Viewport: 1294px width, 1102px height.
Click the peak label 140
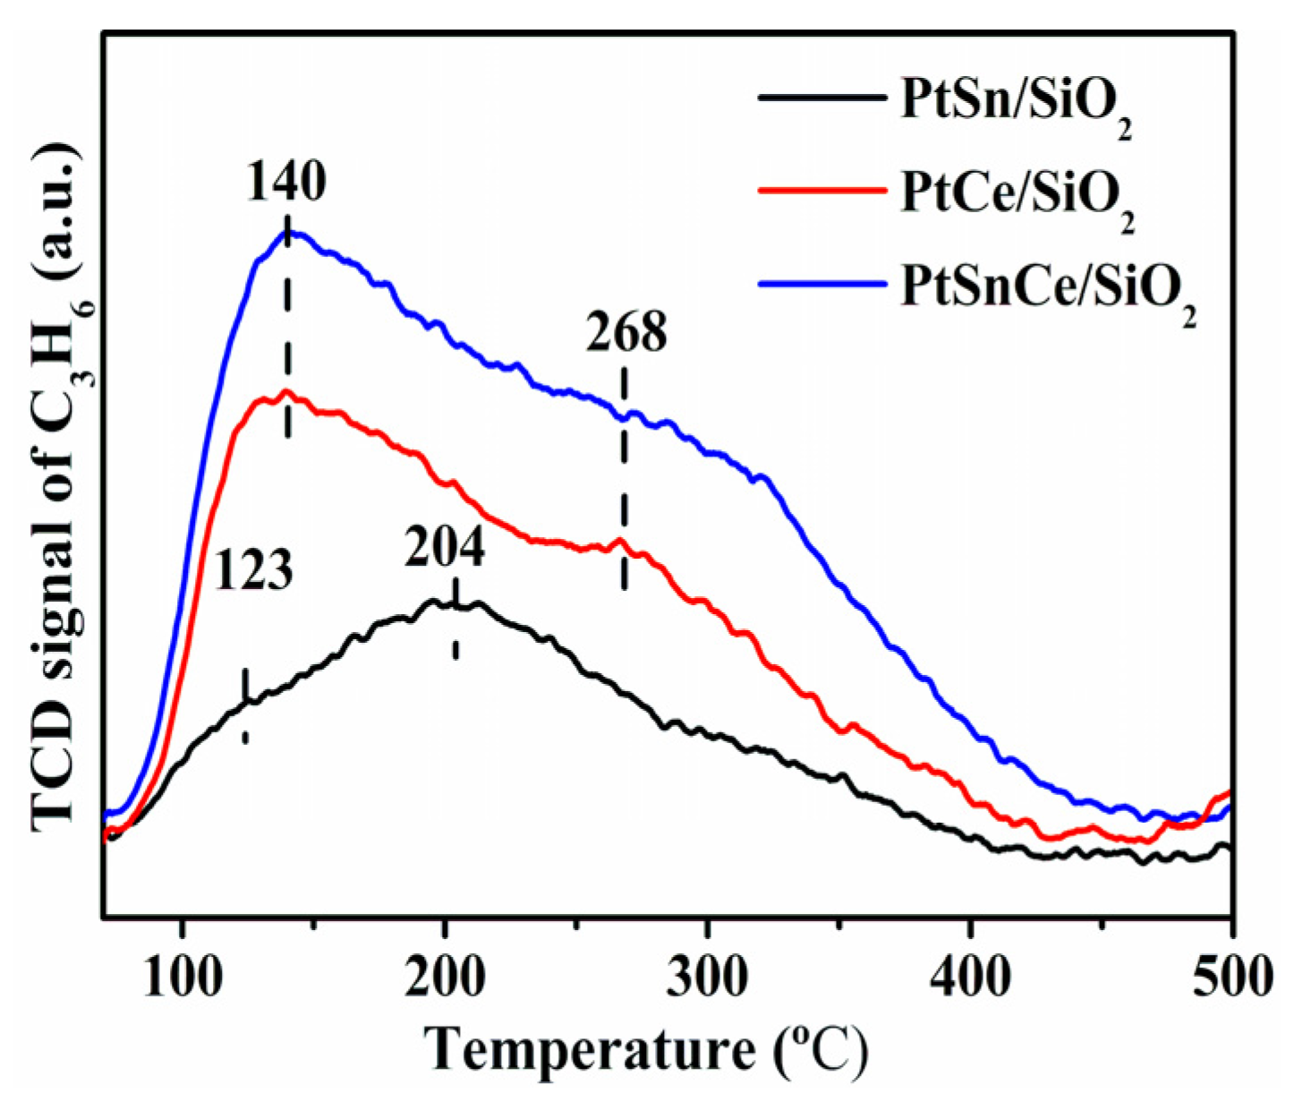point(286,182)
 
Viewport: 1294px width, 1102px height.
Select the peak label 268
point(626,333)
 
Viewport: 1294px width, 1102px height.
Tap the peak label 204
point(445,548)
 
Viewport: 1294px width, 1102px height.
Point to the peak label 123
point(253,570)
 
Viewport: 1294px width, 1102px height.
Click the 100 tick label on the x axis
point(183,977)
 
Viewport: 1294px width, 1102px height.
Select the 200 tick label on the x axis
point(445,977)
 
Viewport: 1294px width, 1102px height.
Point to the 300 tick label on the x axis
point(707,977)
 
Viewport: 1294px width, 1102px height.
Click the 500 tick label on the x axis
point(1231,977)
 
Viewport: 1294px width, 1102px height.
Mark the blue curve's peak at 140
point(287,232)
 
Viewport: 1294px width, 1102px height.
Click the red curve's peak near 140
point(286,391)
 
